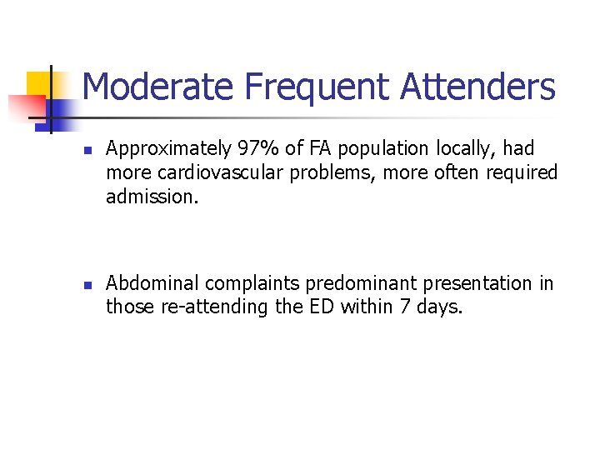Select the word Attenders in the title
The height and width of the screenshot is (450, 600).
pyautogui.click(x=477, y=87)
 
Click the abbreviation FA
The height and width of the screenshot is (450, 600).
pyautogui.click(x=321, y=149)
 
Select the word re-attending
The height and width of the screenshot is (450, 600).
pyautogui.click(x=215, y=307)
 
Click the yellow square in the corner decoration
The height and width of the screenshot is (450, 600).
pyautogui.click(x=38, y=82)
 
